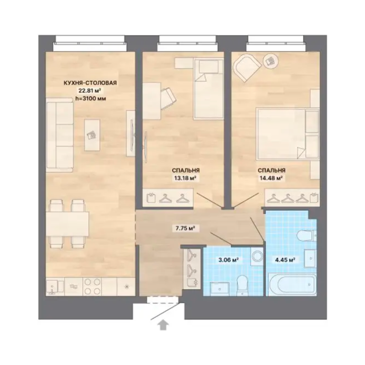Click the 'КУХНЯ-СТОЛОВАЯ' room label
(x=90, y=83)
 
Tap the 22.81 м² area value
(x=89, y=90)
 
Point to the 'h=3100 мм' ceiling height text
(x=91, y=98)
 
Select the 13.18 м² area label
(x=185, y=178)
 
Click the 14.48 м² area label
(x=271, y=178)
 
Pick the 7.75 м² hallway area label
(x=185, y=228)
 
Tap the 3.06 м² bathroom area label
(x=228, y=259)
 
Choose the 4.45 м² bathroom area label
(x=285, y=259)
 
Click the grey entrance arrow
(x=163, y=325)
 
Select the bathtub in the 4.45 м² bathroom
(x=292, y=284)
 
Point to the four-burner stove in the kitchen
(x=92, y=287)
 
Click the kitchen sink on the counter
(x=55, y=287)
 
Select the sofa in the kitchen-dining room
(x=59, y=135)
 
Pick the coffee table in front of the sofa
(x=92, y=135)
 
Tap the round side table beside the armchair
(x=270, y=61)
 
